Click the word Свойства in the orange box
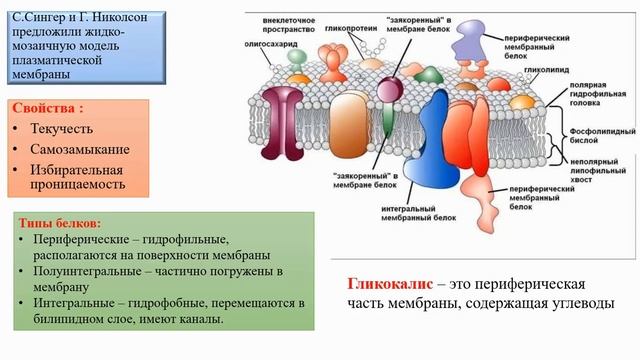pyautogui.click(x=47, y=108)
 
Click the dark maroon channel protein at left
pyautogui.click(x=287, y=122)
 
